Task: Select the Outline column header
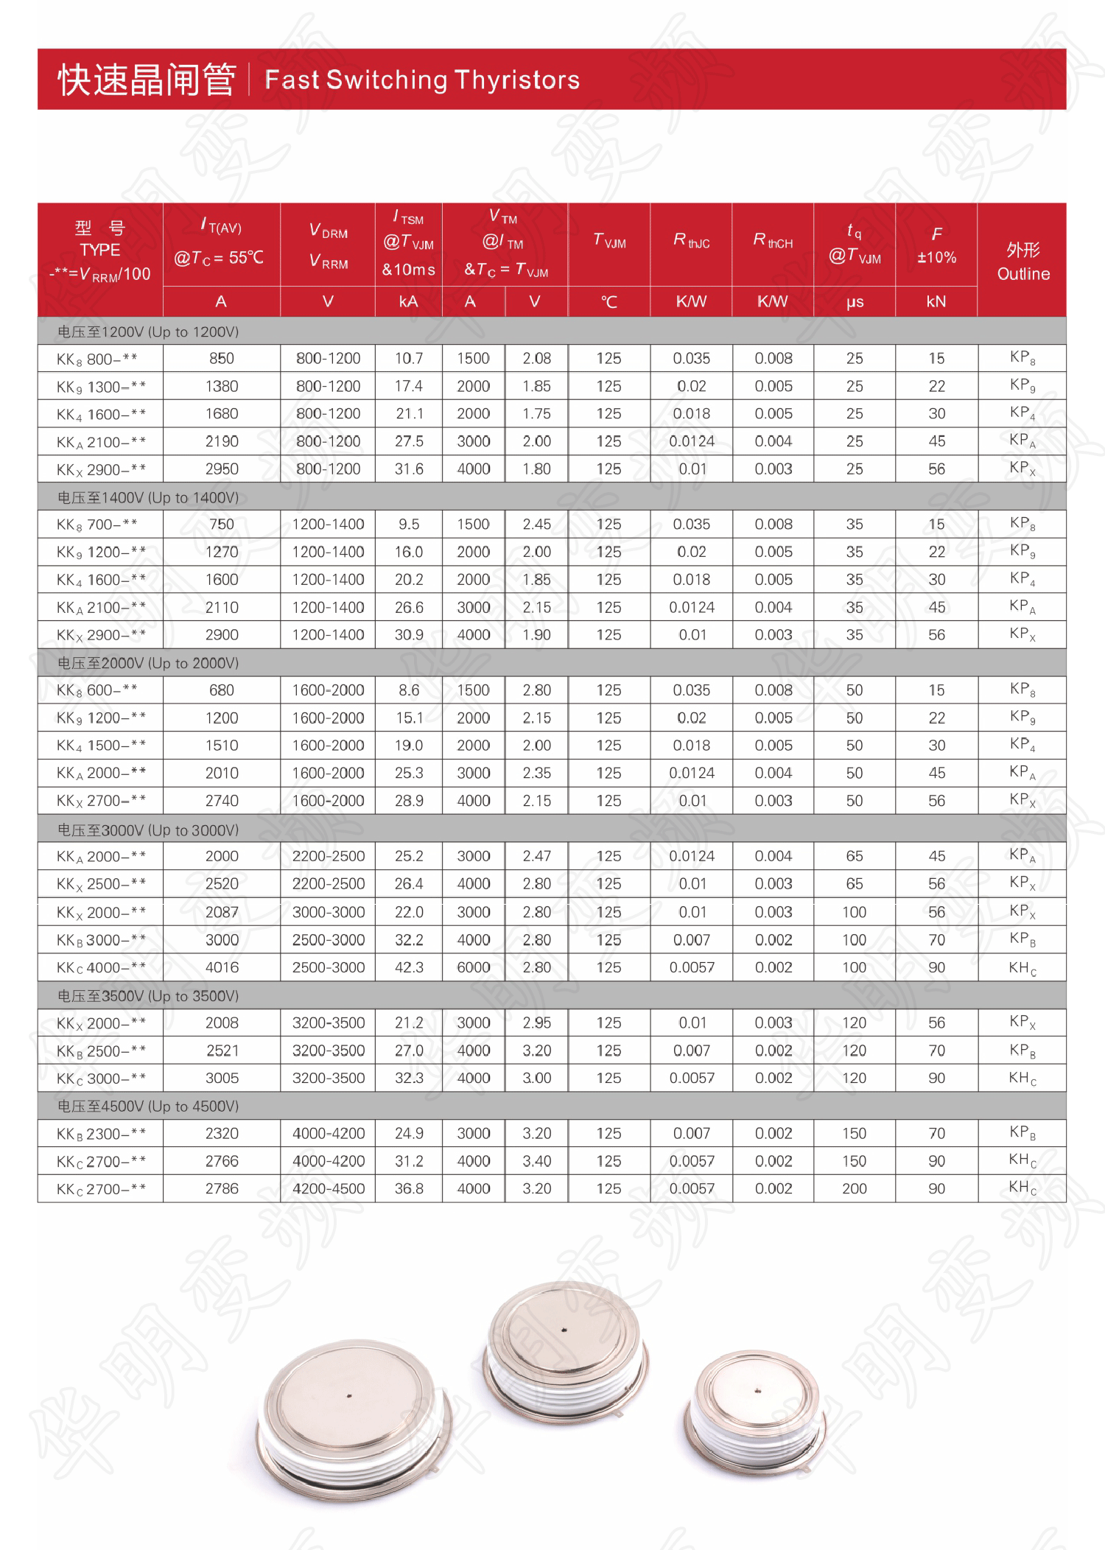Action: (1022, 262)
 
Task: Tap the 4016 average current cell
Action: (222, 967)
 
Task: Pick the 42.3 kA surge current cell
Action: (409, 967)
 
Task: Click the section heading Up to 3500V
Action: (148, 996)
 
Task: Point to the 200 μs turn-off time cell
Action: (854, 1188)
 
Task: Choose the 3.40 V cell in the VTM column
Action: (536, 1161)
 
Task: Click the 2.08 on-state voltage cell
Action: (536, 359)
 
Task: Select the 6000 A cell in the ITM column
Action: (473, 967)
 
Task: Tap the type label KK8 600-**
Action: (97, 690)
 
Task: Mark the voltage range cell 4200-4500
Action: (329, 1188)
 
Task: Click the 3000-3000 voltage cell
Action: (329, 912)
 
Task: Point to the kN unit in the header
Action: (936, 302)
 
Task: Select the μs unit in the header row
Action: (855, 302)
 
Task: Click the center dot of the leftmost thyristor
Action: (349, 1395)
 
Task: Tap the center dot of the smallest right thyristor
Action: (759, 1391)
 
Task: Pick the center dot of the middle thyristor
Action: (564, 1330)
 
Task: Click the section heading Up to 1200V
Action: (148, 332)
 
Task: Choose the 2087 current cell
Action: (222, 912)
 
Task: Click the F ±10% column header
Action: (936, 245)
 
